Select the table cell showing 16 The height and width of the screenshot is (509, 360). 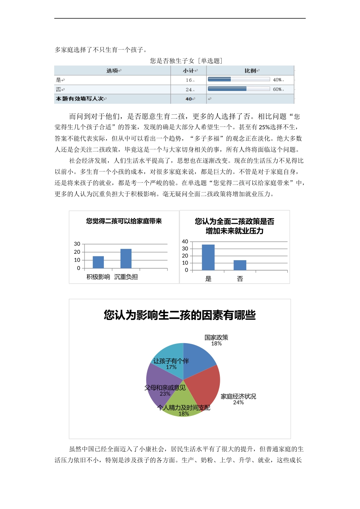pos(189,80)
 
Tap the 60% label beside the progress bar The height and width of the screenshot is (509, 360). pos(277,89)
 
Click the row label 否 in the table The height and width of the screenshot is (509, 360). pos(59,89)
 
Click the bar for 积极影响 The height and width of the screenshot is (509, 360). pos(98,262)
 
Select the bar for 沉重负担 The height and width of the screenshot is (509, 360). pos(126,259)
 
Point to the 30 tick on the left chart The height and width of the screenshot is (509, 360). pos(77,244)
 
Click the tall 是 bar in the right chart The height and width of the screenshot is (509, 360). pos(208,258)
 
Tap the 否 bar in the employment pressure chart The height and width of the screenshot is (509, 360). pos(240,265)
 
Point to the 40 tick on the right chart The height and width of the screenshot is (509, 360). pos(185,242)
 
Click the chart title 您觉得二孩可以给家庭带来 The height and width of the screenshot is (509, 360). pos(124,221)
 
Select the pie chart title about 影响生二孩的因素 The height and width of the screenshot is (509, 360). pos(180,315)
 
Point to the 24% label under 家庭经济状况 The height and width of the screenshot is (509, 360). pos(238,403)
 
